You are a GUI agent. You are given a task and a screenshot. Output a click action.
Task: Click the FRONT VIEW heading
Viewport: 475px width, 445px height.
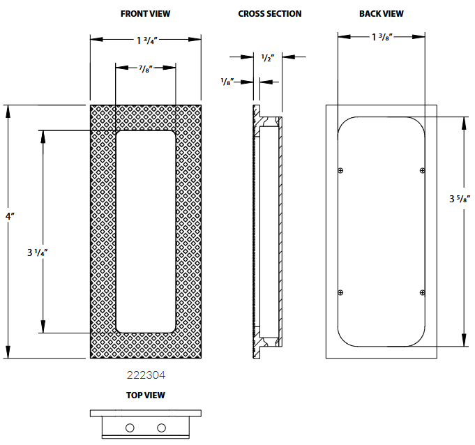[x=145, y=13]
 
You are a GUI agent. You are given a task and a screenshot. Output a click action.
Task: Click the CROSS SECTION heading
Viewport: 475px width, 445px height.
[x=270, y=13]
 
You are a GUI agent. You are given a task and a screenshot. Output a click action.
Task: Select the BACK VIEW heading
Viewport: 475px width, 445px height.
[x=381, y=13]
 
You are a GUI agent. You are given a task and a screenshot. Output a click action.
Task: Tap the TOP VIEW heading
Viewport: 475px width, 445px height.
[x=145, y=395]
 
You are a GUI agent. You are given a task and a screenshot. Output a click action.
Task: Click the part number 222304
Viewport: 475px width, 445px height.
[x=146, y=375]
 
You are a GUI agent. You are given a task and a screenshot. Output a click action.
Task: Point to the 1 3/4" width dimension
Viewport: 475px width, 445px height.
[x=146, y=40]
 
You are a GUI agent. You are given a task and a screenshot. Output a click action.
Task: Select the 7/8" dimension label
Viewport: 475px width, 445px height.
[x=146, y=68]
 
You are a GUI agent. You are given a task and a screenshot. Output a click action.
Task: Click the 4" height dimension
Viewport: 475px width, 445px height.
[x=9, y=217]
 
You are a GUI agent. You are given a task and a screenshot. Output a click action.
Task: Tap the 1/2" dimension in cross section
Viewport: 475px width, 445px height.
[x=267, y=57]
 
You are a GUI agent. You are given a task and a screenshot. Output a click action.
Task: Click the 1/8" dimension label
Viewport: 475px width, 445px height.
[x=226, y=82]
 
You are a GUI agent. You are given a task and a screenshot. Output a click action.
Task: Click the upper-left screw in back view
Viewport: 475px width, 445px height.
[x=340, y=170]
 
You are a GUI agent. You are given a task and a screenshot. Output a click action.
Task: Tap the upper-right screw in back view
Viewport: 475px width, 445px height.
[x=421, y=170]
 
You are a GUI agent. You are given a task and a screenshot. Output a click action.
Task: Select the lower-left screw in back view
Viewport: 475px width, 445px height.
[x=340, y=292]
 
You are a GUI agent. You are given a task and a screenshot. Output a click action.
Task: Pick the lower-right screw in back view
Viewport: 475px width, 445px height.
[x=421, y=292]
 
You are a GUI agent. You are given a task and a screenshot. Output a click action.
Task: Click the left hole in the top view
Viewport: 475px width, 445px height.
[x=129, y=427]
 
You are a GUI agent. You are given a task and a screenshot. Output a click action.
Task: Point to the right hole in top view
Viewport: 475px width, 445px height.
[x=162, y=427]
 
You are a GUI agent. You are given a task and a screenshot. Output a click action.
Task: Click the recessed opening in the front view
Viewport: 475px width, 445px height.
[x=146, y=230]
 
